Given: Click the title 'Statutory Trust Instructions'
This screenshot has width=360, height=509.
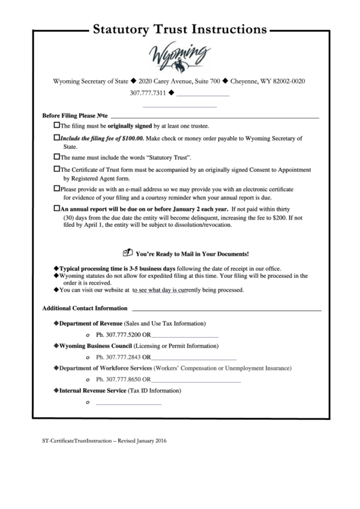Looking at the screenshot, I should (x=179, y=30).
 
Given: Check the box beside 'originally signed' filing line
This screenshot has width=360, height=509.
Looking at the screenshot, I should (x=56, y=126).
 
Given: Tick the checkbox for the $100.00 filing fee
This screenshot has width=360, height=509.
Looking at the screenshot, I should (x=56, y=138).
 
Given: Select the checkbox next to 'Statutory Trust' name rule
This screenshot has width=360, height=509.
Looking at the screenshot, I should (x=56, y=156).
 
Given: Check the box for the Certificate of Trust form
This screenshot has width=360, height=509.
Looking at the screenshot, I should (x=56, y=169).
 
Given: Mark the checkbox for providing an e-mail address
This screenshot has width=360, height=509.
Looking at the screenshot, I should (x=56, y=188).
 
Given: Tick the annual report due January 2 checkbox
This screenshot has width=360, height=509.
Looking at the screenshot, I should (x=56, y=208).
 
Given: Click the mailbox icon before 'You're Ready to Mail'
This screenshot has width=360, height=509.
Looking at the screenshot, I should (x=126, y=251).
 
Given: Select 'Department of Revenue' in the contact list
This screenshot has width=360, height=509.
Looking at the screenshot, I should (x=89, y=323).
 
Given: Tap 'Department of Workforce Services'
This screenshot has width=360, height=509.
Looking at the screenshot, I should (x=101, y=368).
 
